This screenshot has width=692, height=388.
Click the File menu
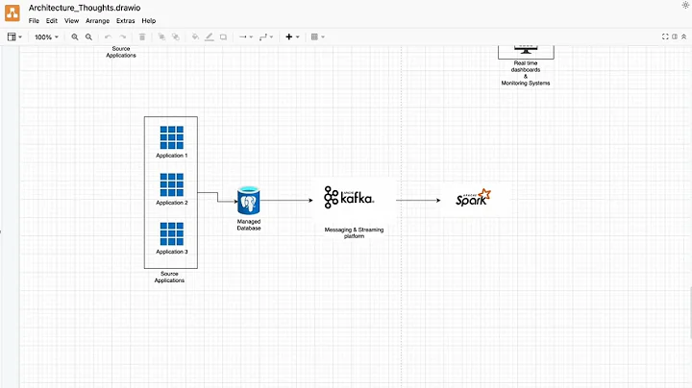[34, 20]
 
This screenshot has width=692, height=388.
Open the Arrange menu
[97, 20]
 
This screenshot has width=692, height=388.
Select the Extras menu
[126, 20]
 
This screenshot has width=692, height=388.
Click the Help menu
[149, 20]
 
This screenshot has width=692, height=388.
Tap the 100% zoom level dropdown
[45, 36]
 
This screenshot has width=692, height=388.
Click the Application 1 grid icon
[172, 137]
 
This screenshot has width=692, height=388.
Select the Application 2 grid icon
[172, 184]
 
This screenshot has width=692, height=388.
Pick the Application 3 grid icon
[172, 233]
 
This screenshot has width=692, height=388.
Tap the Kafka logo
[349, 199]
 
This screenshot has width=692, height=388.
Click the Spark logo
[473, 199]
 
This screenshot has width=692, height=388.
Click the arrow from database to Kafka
[286, 201]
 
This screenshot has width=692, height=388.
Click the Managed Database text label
[249, 225]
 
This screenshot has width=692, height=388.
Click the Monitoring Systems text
[526, 83]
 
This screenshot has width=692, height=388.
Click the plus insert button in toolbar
[289, 36]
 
